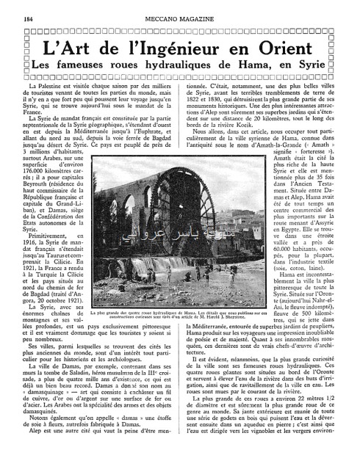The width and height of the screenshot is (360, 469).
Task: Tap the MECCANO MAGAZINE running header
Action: pyautogui.click(x=179, y=9)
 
